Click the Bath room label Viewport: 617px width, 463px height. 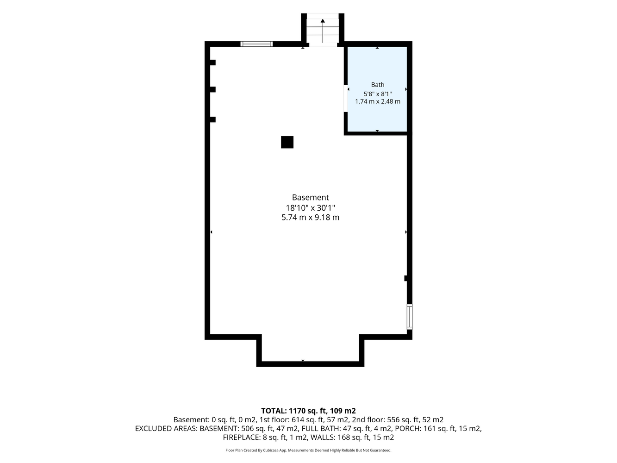click(378, 85)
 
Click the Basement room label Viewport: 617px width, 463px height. click(310, 197)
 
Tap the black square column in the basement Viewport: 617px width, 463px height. click(287, 142)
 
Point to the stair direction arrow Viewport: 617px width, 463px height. click(323, 31)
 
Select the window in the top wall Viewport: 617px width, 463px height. click(256, 44)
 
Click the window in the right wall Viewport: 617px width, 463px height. click(410, 317)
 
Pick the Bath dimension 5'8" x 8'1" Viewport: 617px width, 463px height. click(378, 94)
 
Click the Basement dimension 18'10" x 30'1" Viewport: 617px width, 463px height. click(310, 208)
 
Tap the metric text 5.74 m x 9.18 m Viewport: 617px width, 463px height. click(310, 218)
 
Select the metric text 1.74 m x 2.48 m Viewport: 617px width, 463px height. click(378, 101)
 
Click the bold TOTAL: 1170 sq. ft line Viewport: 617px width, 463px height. click(308, 411)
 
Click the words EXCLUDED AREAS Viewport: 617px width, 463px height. click(166, 428)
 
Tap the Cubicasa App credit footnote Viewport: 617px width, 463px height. click(308, 450)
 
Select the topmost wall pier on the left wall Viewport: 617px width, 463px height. click(213, 63)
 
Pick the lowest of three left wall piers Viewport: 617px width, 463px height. click(213, 119)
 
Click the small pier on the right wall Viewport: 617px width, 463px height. click(405, 278)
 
